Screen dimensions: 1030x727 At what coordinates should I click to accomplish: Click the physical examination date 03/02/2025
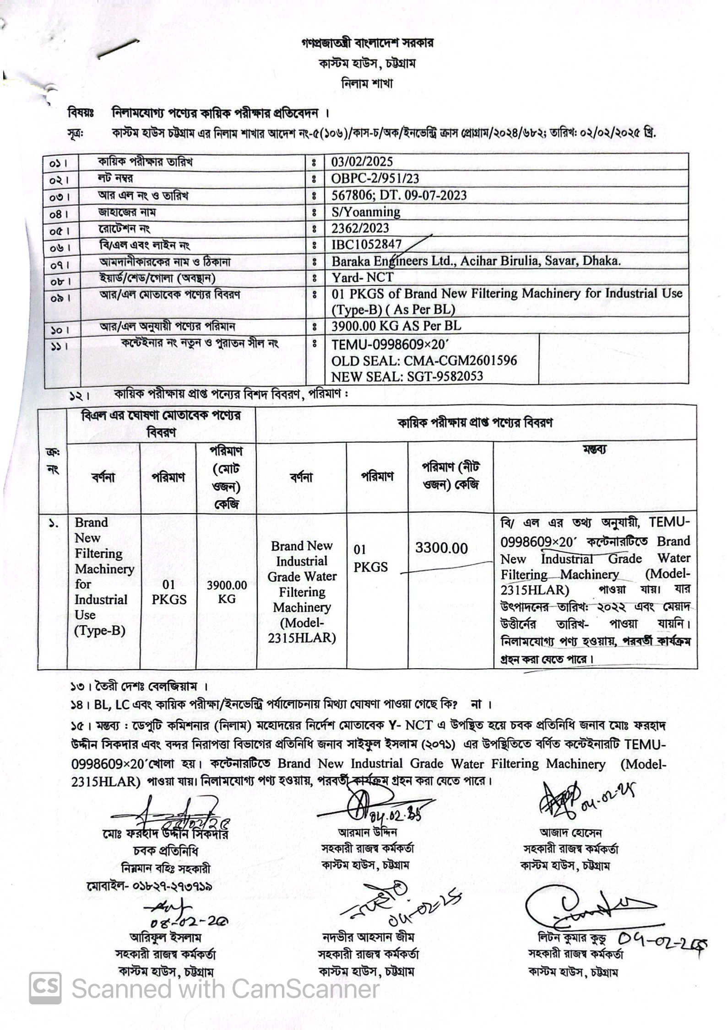click(x=362, y=162)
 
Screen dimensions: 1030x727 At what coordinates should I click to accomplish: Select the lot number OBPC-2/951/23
click(x=375, y=178)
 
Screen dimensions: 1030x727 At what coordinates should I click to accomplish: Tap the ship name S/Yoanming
click(x=366, y=212)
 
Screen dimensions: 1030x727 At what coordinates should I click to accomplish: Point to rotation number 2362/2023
click(x=360, y=228)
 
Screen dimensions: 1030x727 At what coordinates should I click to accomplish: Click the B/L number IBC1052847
click(x=367, y=245)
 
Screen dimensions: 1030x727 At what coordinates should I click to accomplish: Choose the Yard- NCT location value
click(x=362, y=278)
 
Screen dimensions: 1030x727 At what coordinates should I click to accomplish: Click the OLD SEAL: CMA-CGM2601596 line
click(x=424, y=360)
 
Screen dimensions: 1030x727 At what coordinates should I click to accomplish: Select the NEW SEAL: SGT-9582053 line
click(x=407, y=376)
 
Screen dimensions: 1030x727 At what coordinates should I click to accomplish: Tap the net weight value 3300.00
click(x=441, y=548)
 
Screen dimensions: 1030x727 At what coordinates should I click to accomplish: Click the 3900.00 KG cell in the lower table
click(x=227, y=592)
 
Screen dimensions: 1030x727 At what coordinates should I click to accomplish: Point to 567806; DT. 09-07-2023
click(x=399, y=195)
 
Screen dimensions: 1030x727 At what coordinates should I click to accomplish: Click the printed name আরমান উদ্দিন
click(x=367, y=832)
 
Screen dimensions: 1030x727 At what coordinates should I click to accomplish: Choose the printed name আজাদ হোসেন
click(x=571, y=833)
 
